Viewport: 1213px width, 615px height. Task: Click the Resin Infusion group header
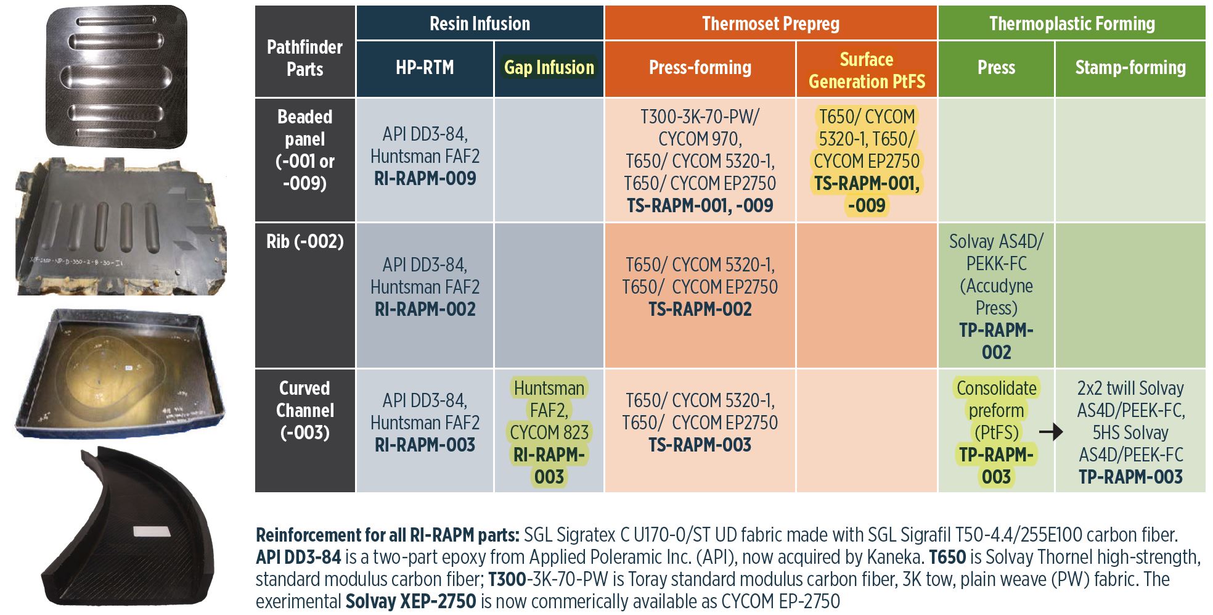(480, 24)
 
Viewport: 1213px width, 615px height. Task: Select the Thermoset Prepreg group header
(770, 24)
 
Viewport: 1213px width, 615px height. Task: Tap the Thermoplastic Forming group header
(1072, 24)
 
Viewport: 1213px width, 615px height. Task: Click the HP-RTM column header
(425, 68)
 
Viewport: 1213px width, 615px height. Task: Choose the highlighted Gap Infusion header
(549, 68)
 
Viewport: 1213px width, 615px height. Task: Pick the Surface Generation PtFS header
(867, 70)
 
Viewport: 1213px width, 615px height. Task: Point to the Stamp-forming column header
(1130, 68)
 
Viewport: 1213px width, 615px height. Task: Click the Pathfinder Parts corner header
(304, 58)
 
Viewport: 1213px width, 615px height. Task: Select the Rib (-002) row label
(304, 242)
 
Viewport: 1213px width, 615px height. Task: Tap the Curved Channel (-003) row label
(304, 410)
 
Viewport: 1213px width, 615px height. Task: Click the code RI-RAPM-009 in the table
(425, 179)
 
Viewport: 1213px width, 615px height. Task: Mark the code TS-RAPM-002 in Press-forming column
(700, 310)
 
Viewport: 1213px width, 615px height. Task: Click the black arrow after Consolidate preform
(1051, 432)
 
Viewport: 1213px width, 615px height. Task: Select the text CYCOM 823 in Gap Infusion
(549, 433)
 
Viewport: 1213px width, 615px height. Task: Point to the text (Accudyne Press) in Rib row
(996, 297)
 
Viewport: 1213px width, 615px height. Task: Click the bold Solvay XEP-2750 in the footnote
(410, 601)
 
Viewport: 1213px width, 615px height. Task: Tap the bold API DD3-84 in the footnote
(298, 557)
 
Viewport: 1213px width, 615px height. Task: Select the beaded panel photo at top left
(116, 76)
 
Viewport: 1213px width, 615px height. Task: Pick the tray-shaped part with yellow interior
(120, 373)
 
